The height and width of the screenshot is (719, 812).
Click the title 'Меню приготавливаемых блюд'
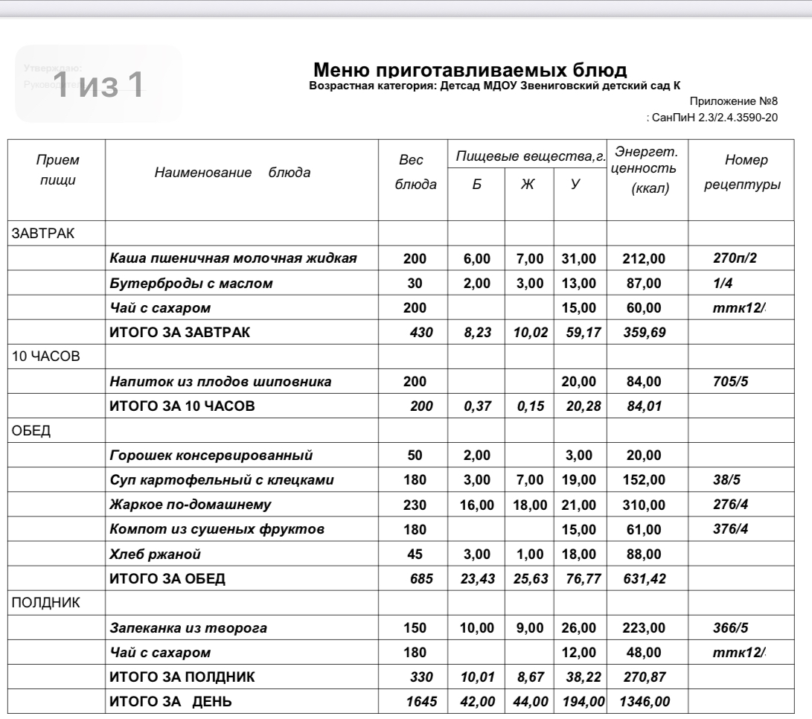point(472,71)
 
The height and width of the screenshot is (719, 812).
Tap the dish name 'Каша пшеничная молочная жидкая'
point(233,259)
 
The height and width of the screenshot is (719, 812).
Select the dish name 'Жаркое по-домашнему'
point(189,505)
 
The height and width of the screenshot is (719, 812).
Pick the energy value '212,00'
point(641,259)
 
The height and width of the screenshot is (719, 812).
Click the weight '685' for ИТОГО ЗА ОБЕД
point(423,578)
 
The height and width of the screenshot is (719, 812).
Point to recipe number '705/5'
point(730,382)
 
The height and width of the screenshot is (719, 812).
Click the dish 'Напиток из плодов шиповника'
point(220,382)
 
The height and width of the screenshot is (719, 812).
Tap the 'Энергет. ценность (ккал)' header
point(645,171)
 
